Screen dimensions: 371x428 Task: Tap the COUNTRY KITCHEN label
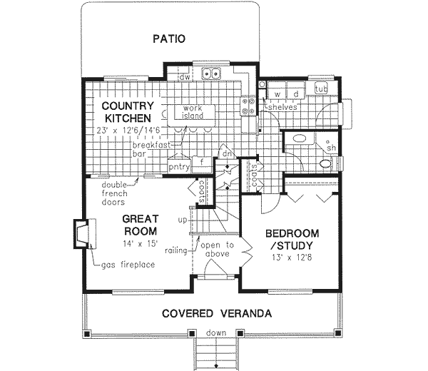(127, 111)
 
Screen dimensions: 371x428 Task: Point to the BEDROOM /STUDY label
(292, 240)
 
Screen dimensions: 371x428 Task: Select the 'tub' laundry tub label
(321, 88)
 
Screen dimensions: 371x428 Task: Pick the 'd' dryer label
(294, 93)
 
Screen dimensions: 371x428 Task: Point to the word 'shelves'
(280, 107)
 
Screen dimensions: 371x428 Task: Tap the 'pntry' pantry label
(178, 167)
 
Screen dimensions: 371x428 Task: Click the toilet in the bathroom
(325, 163)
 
